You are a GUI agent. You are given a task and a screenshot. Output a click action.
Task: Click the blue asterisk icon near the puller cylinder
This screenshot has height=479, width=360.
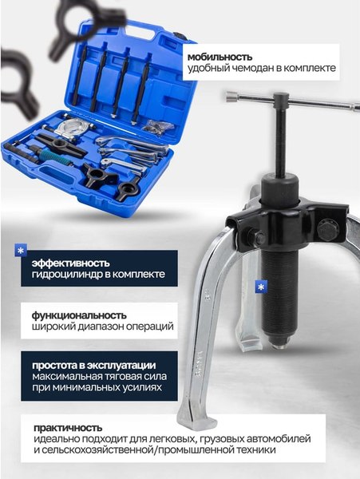259,286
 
